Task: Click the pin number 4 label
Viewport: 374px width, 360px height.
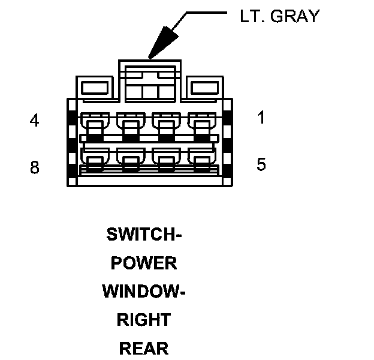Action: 35,121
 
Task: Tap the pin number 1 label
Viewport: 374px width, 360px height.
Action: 261,118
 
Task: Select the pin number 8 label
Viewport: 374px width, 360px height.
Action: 35,167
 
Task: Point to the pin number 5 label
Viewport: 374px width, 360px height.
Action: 261,164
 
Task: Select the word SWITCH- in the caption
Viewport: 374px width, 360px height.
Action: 144,234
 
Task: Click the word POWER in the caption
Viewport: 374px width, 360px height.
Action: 144,263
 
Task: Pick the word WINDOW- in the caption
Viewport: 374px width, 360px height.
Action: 144,292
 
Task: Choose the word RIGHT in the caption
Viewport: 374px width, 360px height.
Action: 144,320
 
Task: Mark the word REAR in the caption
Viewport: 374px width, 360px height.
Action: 144,348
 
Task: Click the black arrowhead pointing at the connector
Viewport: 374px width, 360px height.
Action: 161,44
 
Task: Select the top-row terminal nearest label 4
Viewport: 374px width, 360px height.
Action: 94,125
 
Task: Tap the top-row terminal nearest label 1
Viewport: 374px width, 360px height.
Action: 200,125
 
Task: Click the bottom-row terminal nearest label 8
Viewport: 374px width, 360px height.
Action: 94,159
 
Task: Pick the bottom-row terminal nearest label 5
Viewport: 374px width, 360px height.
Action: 200,159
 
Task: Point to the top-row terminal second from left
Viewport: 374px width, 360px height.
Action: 129,125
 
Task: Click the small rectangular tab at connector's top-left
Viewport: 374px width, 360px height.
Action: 94,88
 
